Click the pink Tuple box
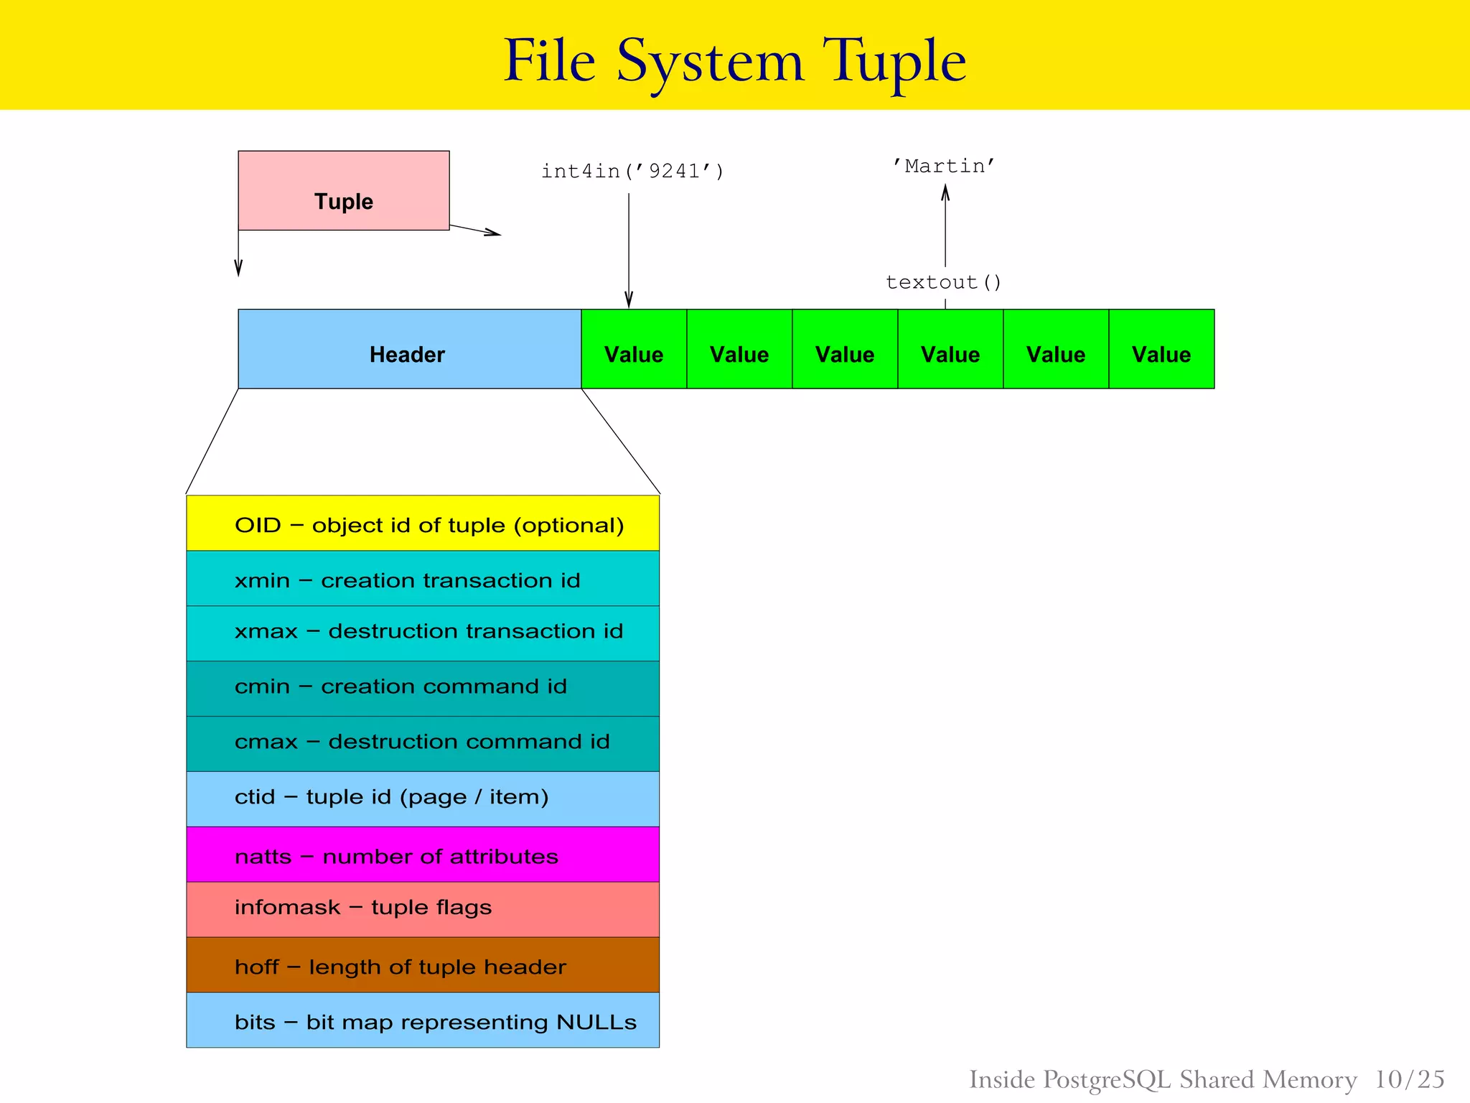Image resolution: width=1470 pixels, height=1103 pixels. [x=343, y=190]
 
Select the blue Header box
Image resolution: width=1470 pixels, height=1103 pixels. [x=409, y=350]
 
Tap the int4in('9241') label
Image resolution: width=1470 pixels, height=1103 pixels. [x=632, y=171]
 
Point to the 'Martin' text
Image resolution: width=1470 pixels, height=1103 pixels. [x=943, y=166]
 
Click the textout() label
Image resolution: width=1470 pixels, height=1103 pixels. [x=943, y=282]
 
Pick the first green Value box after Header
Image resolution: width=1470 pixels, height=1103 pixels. [x=634, y=350]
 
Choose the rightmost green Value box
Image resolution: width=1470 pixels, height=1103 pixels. [x=1161, y=350]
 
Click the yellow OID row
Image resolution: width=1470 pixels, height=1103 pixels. [x=423, y=523]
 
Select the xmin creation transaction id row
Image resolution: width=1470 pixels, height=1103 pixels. [x=423, y=579]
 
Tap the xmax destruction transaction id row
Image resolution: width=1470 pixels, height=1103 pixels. [x=423, y=633]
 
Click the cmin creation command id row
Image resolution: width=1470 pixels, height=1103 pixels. [x=423, y=688]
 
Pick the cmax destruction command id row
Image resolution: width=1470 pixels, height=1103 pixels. [x=423, y=743]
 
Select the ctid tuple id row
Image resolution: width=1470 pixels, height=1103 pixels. [x=423, y=799]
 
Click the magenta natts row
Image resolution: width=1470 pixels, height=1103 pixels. [x=423, y=855]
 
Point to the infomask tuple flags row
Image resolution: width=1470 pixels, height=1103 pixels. [x=423, y=909]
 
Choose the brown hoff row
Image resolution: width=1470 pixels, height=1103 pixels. [x=423, y=965]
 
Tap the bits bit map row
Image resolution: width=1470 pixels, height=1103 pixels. [x=423, y=1020]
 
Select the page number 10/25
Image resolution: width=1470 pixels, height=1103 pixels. [x=1409, y=1079]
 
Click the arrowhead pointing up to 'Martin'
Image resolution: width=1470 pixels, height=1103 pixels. [x=945, y=192]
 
